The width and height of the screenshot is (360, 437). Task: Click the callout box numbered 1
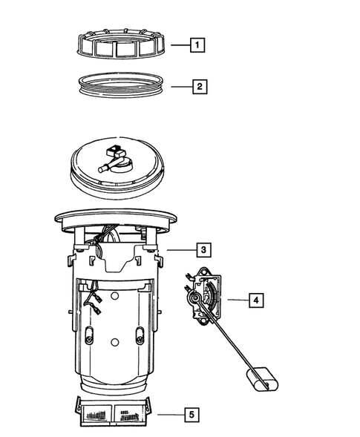[197, 45]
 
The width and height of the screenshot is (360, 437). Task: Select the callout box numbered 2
[197, 87]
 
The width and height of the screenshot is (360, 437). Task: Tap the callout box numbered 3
[203, 249]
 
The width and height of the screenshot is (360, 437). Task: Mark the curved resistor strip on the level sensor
[212, 296]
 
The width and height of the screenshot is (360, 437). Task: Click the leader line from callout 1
[177, 45]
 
